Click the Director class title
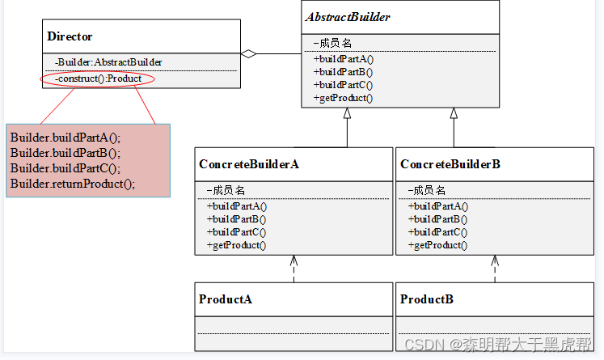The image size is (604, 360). coord(70,36)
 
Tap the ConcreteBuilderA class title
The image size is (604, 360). coord(248,164)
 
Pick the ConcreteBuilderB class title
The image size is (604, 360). coord(450,164)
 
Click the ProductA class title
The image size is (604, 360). coord(226,299)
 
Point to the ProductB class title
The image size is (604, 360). coord(426,299)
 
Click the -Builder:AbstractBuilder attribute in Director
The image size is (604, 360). coord(108,61)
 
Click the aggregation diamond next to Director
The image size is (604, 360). coord(251,54)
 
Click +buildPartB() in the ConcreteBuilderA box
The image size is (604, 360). coord(237,219)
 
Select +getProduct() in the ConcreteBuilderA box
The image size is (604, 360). coord(236,245)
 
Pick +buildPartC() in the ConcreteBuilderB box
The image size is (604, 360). coord(437,232)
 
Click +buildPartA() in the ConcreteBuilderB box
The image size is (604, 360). coord(437,206)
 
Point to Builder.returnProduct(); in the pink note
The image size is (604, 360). coord(73,184)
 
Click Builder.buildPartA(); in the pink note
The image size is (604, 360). coord(65,137)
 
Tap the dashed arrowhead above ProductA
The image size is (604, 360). coord(294,261)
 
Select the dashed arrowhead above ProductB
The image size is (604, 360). coord(494,261)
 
